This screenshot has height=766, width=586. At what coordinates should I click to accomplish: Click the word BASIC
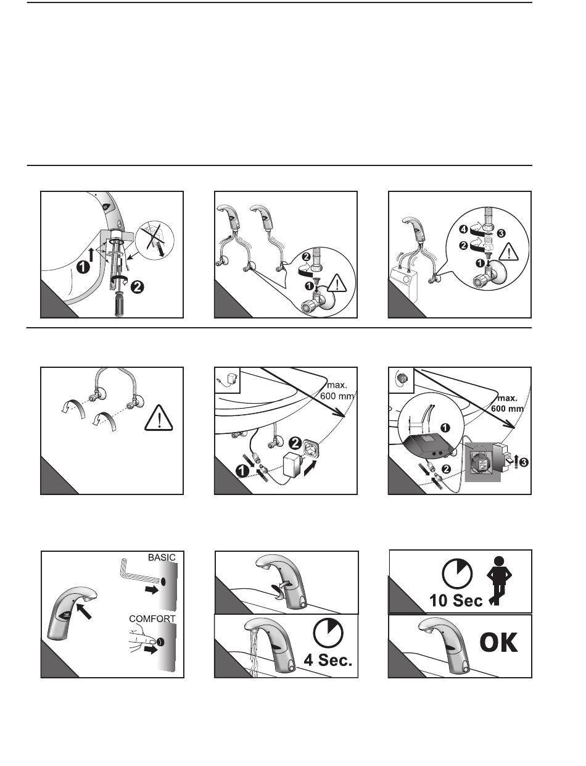coord(162,557)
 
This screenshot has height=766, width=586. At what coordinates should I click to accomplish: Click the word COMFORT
coord(152,618)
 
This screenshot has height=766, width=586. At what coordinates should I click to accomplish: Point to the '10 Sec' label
coord(456,601)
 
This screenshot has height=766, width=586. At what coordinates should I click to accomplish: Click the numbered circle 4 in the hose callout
coord(464,230)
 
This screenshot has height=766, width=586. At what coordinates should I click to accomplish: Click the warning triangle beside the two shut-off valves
coord(159,418)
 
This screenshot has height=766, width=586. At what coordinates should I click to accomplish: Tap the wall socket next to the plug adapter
coord(310,448)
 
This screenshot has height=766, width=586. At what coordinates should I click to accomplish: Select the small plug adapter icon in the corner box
coord(226,380)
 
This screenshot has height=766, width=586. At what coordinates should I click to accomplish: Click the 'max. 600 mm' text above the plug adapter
coord(337,391)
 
